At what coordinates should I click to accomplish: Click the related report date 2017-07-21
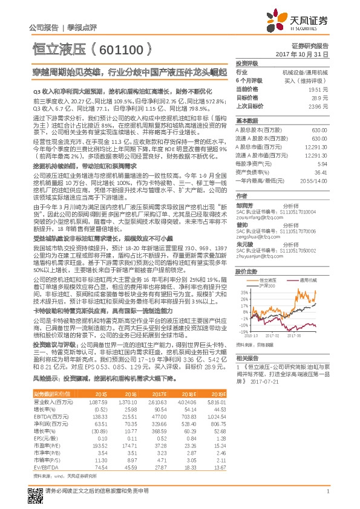[266, 382]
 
